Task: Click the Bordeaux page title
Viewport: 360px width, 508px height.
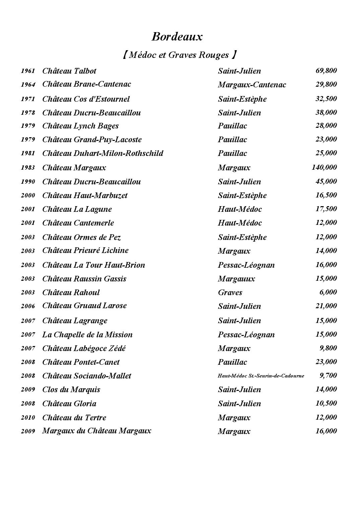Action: pyautogui.click(x=177, y=36)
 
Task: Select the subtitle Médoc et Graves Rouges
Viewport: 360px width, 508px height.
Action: pyautogui.click(x=180, y=55)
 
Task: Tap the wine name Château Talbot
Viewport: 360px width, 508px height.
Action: pyautogui.click(x=69, y=71)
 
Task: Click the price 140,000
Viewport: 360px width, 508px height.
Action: pyautogui.click(x=324, y=167)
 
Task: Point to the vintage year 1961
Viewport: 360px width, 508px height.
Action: pyautogui.click(x=28, y=71)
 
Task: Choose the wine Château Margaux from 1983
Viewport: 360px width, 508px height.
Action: pyautogui.click(x=74, y=168)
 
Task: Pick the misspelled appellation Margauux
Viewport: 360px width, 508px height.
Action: pyautogui.click(x=236, y=279)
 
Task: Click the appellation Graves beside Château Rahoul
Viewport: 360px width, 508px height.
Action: pyautogui.click(x=230, y=292)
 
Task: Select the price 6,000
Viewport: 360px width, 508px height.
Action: pyautogui.click(x=328, y=292)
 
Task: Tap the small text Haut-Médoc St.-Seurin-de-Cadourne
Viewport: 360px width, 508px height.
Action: pyautogui.click(x=261, y=376)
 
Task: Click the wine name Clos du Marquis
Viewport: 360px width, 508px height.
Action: pyautogui.click(x=71, y=390)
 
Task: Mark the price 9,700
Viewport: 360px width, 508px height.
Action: pyautogui.click(x=328, y=375)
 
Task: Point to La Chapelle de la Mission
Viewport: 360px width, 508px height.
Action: pyautogui.click(x=87, y=335)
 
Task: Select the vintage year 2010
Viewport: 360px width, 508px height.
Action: pyautogui.click(x=28, y=418)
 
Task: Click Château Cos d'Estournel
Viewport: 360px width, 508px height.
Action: pyautogui.click(x=86, y=99)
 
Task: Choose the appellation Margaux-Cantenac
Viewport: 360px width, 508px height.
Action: pyautogui.click(x=252, y=85)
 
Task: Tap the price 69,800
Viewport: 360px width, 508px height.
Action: pyautogui.click(x=326, y=71)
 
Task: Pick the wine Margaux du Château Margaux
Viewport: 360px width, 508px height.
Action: pyautogui.click(x=96, y=431)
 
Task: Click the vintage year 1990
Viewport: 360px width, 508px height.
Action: pyautogui.click(x=28, y=182)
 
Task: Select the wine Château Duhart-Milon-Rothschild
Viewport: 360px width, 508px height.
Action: pyautogui.click(x=102, y=153)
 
